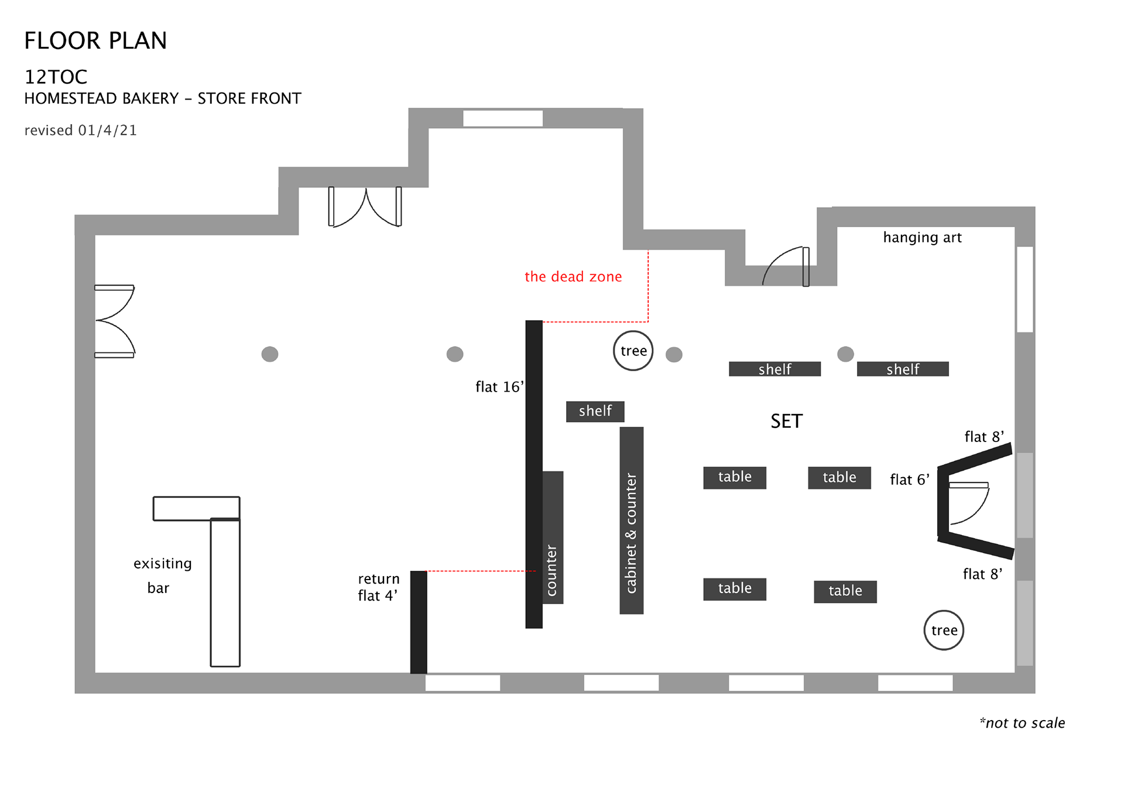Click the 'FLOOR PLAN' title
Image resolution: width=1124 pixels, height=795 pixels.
pos(95,41)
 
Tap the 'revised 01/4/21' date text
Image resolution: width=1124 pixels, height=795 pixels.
pos(81,130)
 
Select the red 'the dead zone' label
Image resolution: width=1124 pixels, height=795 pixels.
pos(573,276)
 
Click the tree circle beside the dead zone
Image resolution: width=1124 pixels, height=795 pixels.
pos(633,351)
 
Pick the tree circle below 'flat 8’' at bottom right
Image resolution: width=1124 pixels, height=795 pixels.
pos(944,630)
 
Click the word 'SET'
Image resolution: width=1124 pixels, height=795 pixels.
pos(786,421)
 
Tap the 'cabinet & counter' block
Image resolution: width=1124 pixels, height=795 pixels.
pos(632,520)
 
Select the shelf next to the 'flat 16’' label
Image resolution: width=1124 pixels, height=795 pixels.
pos(595,412)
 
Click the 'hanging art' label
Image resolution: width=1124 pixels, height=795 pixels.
pos(922,237)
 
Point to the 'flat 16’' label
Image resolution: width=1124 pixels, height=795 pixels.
pos(499,387)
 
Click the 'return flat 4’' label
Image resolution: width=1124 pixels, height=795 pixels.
pos(379,587)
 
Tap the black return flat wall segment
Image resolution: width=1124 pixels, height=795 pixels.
pos(419,622)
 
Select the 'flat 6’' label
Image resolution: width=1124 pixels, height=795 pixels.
pos(910,480)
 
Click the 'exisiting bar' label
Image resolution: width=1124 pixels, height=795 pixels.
pos(162,575)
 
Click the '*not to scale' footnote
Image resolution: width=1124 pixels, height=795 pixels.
pos(1022,723)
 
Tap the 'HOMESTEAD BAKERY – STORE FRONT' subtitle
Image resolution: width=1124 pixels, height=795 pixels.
pos(163,98)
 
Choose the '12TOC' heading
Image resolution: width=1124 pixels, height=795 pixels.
pos(56,77)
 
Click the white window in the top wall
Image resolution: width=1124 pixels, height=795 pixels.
pos(503,118)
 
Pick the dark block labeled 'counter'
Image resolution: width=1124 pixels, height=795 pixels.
pos(553,537)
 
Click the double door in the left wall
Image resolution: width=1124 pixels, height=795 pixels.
pos(115,321)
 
